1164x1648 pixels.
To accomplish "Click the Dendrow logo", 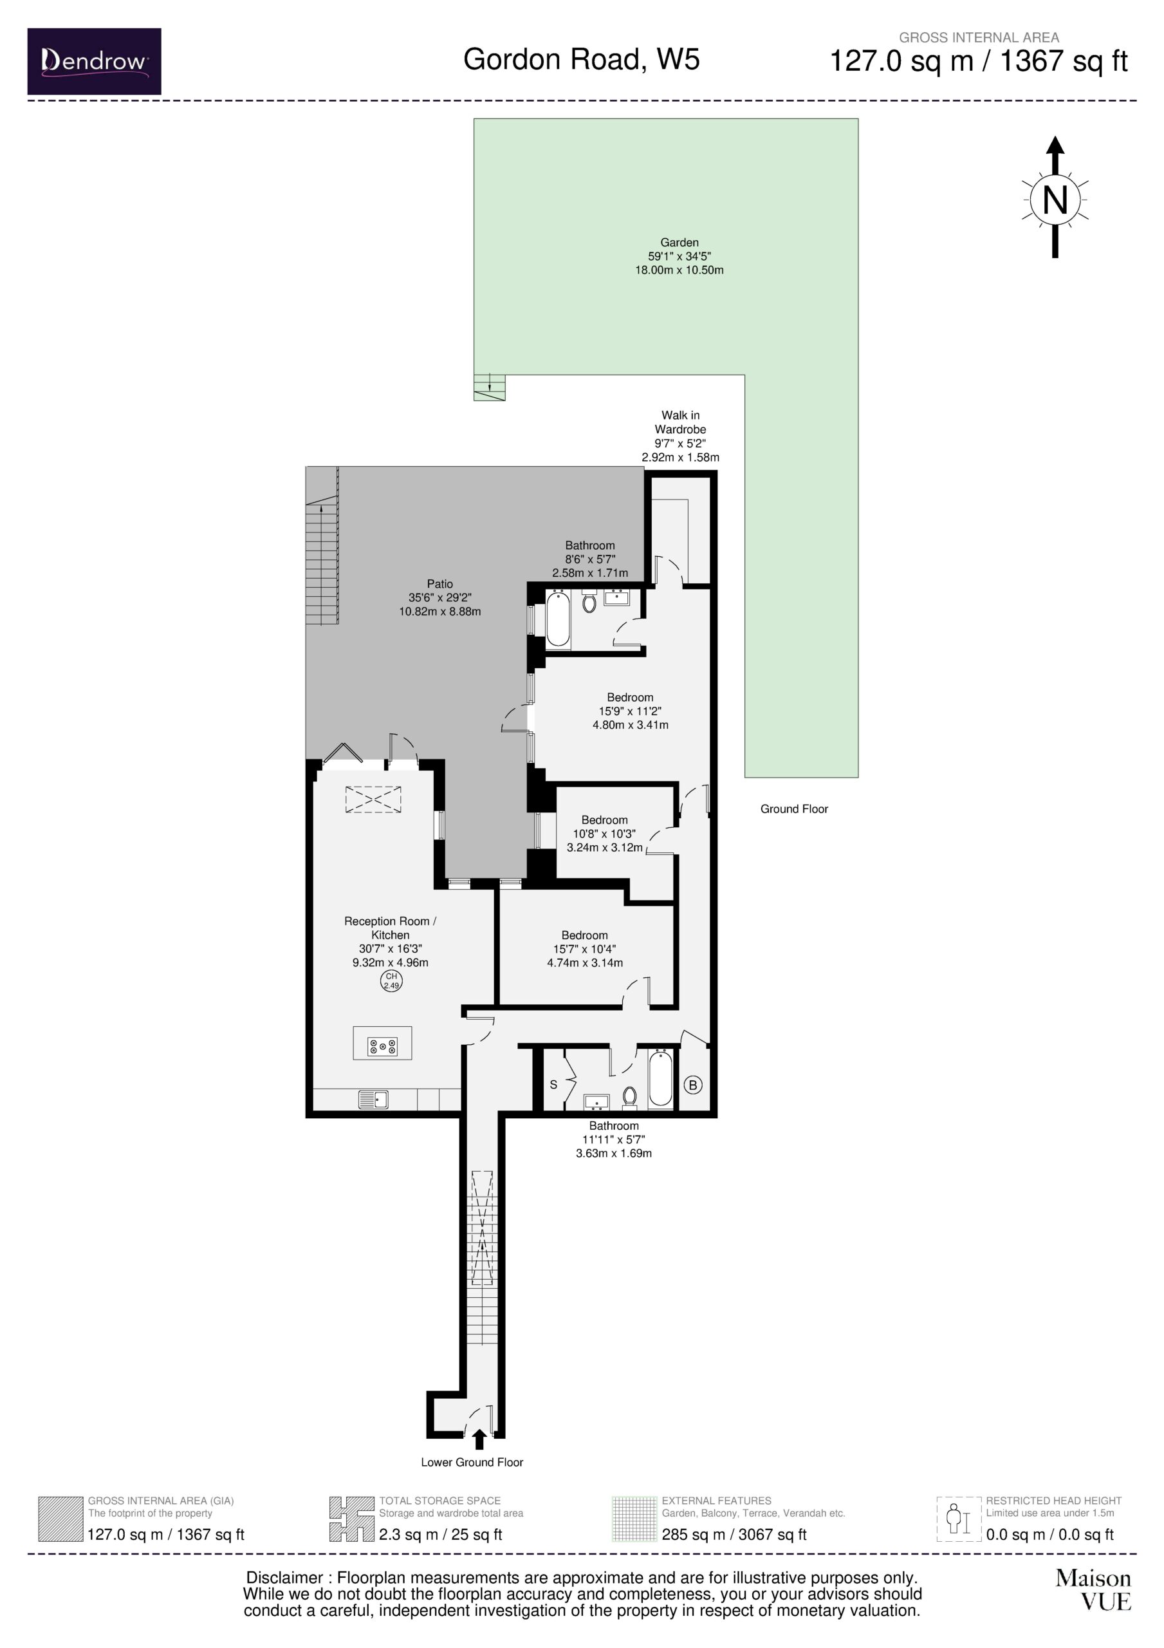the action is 94,62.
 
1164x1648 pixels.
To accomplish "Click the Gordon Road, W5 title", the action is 581,59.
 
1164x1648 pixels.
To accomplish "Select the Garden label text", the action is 679,243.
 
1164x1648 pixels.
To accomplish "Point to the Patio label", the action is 440,585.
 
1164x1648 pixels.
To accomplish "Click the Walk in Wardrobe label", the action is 680,422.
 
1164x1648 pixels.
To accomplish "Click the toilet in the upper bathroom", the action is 589,601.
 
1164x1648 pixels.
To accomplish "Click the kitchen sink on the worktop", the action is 373,1100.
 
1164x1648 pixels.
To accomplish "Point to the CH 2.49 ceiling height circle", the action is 391,980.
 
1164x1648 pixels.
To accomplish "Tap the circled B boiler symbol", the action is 692,1085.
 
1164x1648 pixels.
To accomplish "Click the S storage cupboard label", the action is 553,1085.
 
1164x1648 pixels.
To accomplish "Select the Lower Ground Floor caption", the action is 472,1462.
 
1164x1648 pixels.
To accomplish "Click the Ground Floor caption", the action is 794,809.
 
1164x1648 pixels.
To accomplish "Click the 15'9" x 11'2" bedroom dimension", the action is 630,711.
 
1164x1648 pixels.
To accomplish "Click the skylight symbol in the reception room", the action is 373,800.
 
